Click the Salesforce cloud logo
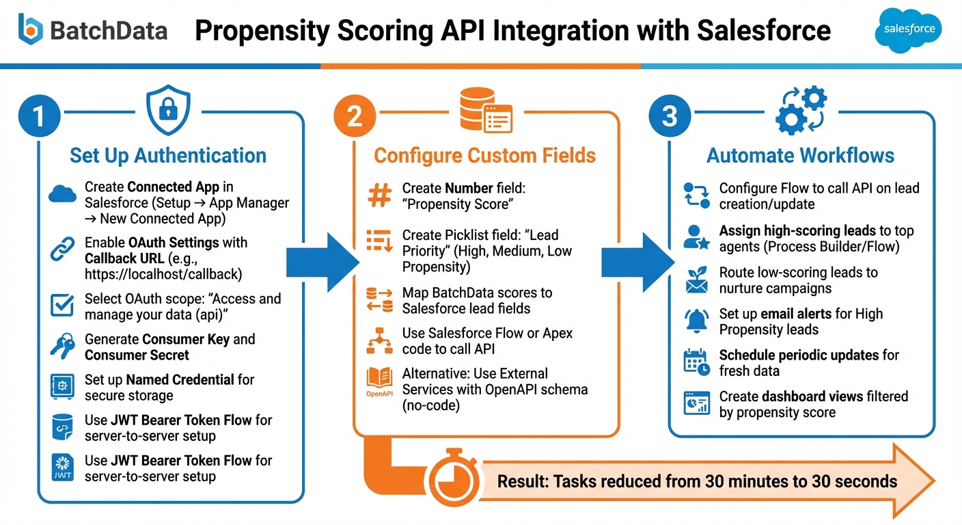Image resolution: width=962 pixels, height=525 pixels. click(x=908, y=29)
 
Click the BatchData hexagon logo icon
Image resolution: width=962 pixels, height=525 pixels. click(x=31, y=29)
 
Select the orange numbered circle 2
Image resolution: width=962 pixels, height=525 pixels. click(x=355, y=116)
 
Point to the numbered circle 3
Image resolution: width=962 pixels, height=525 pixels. click(x=670, y=115)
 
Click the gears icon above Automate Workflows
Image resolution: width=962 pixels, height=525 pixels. click(x=801, y=109)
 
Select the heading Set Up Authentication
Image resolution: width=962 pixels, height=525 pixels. click(x=168, y=155)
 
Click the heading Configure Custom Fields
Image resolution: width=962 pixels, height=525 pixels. click(x=485, y=155)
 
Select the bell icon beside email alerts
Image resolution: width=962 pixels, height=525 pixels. click(x=697, y=321)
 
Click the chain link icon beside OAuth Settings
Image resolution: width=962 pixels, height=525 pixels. click(x=63, y=250)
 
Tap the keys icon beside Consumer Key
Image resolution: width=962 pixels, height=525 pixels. click(x=63, y=347)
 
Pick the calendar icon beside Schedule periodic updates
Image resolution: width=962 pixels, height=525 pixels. click(x=697, y=362)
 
